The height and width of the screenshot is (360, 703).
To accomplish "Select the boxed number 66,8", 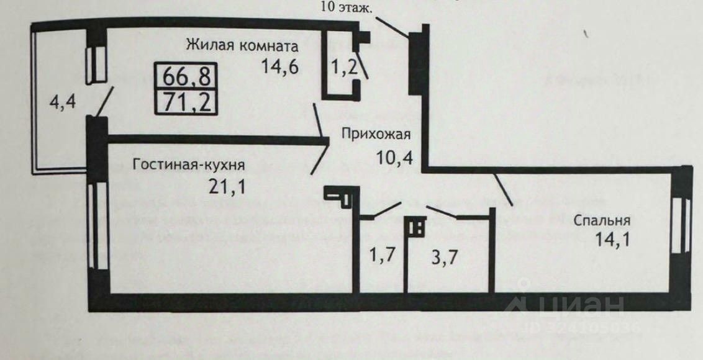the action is pos(186,77).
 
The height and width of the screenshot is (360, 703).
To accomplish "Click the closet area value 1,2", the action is pos(343,66).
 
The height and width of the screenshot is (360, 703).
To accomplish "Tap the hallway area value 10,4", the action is pos(395,155).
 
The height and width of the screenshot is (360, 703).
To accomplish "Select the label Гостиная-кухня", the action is pos(189,165).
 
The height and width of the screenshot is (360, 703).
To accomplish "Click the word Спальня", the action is pos(602,220).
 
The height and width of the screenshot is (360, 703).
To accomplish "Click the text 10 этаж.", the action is pos(347,8).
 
